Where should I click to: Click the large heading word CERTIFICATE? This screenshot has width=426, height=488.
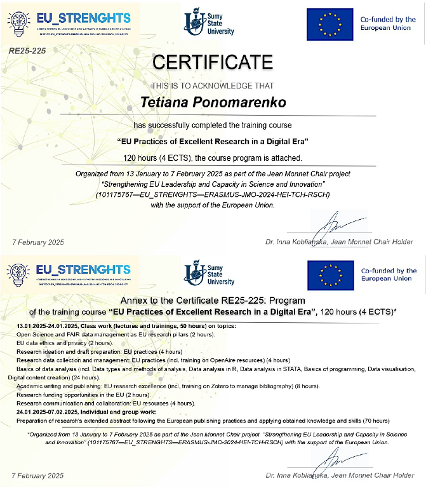(x=213, y=62)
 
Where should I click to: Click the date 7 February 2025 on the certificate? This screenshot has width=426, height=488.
(x=38, y=241)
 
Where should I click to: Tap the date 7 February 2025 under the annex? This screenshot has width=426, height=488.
(x=38, y=475)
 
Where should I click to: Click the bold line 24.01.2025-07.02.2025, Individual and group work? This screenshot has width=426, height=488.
(x=83, y=412)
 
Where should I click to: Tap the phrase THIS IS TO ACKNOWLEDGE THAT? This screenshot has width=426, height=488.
(x=212, y=85)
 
